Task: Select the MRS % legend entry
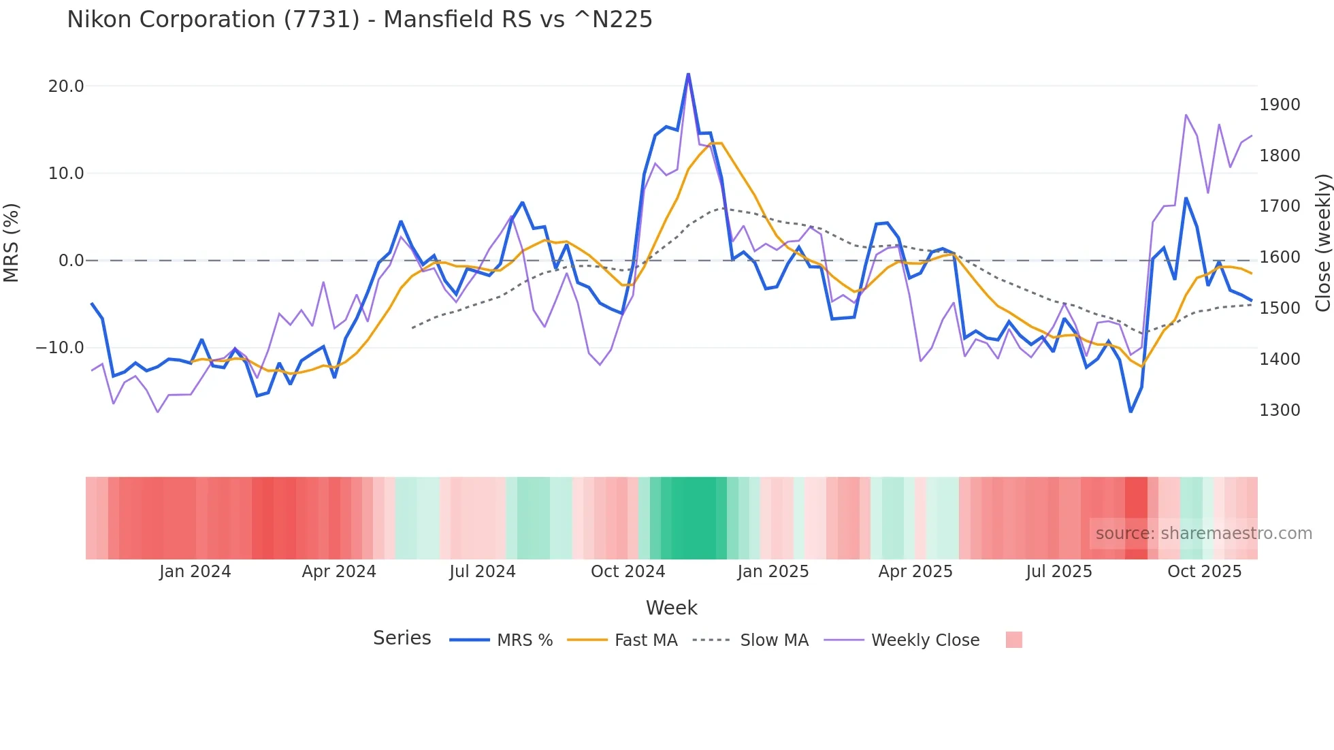pyautogui.click(x=524, y=640)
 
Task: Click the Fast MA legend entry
pyautogui.click(x=645, y=640)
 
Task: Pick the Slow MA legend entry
pyautogui.click(x=774, y=640)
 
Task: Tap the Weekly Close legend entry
pyautogui.click(x=925, y=640)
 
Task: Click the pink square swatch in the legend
pyautogui.click(x=1013, y=640)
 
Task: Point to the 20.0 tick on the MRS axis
pyautogui.click(x=66, y=86)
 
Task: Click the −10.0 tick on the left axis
pyautogui.click(x=60, y=348)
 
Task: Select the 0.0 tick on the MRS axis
pyautogui.click(x=71, y=261)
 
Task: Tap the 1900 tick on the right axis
pyautogui.click(x=1280, y=105)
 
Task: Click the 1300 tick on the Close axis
pyautogui.click(x=1280, y=410)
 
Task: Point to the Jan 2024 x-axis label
pyautogui.click(x=195, y=572)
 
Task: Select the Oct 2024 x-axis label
pyautogui.click(x=628, y=572)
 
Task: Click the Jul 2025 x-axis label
pyautogui.click(x=1059, y=572)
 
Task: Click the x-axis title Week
pyautogui.click(x=671, y=608)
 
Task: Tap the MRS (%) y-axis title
pyautogui.click(x=12, y=242)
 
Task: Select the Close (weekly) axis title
pyautogui.click(x=1322, y=242)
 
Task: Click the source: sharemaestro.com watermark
pyautogui.click(x=1203, y=534)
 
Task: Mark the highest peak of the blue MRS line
pyautogui.click(x=688, y=74)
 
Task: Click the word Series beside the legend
pyautogui.click(x=402, y=638)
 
